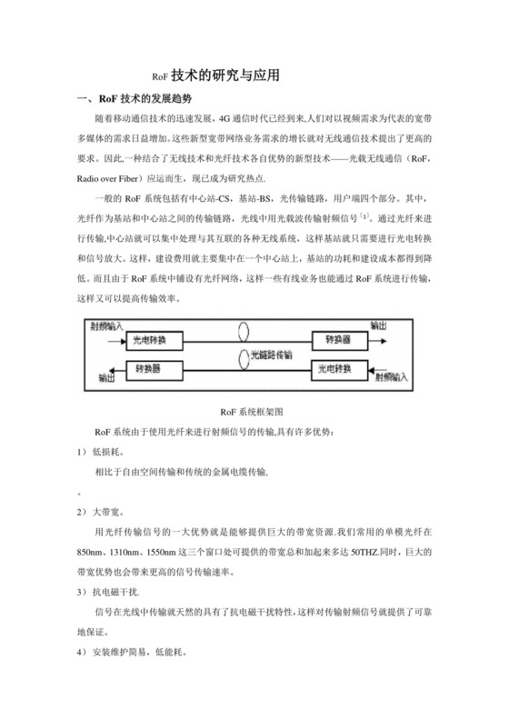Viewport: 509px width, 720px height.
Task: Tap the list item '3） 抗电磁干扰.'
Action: pyautogui.click(x=107, y=592)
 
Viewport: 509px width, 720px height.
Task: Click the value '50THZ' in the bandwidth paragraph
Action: pyautogui.click(x=368, y=552)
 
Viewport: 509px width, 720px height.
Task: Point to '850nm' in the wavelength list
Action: pyautogui.click(x=93, y=552)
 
